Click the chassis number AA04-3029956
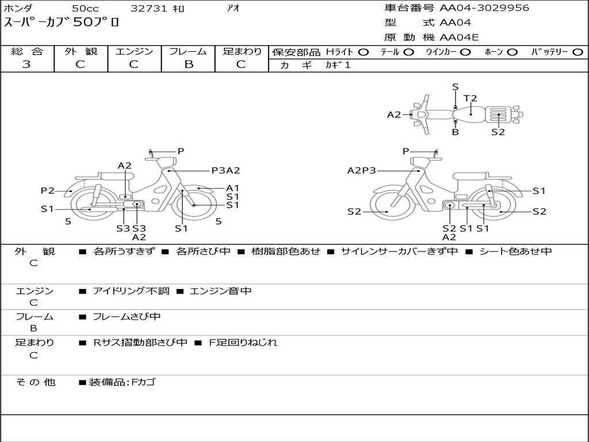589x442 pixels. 484,8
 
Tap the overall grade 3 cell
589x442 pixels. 26,64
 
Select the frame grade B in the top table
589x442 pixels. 189,64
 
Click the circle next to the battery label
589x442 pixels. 577,52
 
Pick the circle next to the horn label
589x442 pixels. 512,52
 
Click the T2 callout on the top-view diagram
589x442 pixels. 470,98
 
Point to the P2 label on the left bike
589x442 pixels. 48,190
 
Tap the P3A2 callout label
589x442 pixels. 225,170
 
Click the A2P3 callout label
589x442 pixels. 361,170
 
